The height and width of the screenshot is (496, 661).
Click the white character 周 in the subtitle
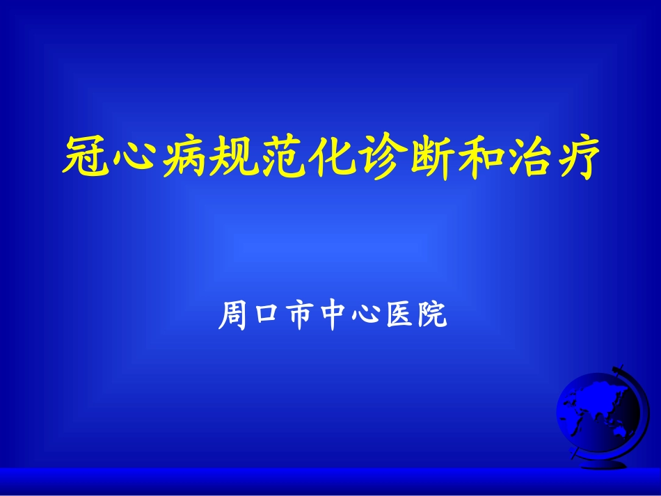pos(232,316)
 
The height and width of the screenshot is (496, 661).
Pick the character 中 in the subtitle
pos(332,316)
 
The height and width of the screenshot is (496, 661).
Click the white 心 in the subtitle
pos(365,316)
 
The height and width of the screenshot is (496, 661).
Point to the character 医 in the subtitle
pos(397,316)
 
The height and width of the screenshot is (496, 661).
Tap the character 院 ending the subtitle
pos(431,316)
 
